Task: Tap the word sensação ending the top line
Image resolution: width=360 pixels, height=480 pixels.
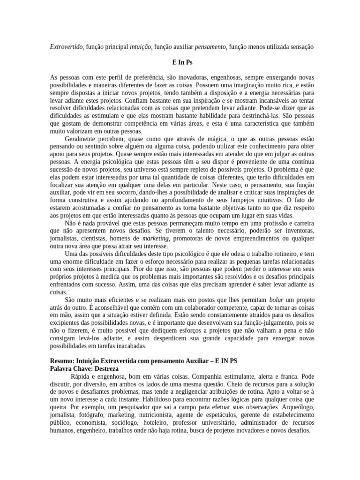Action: [296, 47]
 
